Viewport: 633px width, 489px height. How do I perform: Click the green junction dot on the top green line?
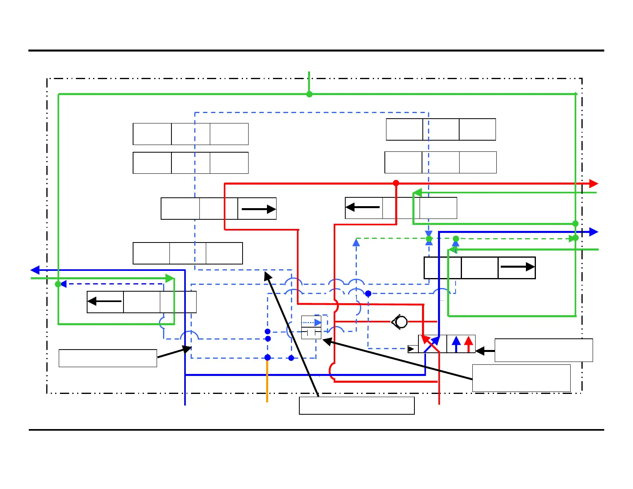[x=309, y=94]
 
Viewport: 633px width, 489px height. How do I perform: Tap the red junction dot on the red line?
[x=396, y=183]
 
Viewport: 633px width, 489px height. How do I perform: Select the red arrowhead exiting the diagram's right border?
[x=594, y=184]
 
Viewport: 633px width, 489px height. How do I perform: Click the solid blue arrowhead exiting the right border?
[x=594, y=232]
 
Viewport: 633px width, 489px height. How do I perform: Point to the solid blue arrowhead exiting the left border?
[x=35, y=270]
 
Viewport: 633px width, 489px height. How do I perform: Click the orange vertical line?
[x=267, y=382]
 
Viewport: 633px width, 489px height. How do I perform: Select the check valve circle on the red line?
[x=401, y=322]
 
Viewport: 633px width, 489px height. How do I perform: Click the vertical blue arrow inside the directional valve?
[x=456, y=344]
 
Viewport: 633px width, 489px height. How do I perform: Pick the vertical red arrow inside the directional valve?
[x=469, y=344]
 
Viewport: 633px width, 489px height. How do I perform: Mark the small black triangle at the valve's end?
[x=411, y=349]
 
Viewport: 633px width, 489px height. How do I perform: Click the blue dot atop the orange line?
[x=268, y=358]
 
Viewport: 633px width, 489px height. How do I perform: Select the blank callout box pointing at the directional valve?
[x=543, y=350]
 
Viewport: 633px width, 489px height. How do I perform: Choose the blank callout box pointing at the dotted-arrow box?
[x=521, y=378]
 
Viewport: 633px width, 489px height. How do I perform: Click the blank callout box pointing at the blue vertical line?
[x=108, y=358]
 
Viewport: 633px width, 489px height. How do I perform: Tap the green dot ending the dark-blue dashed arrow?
[x=58, y=284]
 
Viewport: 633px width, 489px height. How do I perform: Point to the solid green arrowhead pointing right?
[x=170, y=278]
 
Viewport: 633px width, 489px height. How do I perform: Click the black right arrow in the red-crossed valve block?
[x=259, y=209]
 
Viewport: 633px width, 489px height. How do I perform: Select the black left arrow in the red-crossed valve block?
[x=362, y=207]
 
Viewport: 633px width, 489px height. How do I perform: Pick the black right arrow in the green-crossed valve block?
[x=517, y=267]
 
